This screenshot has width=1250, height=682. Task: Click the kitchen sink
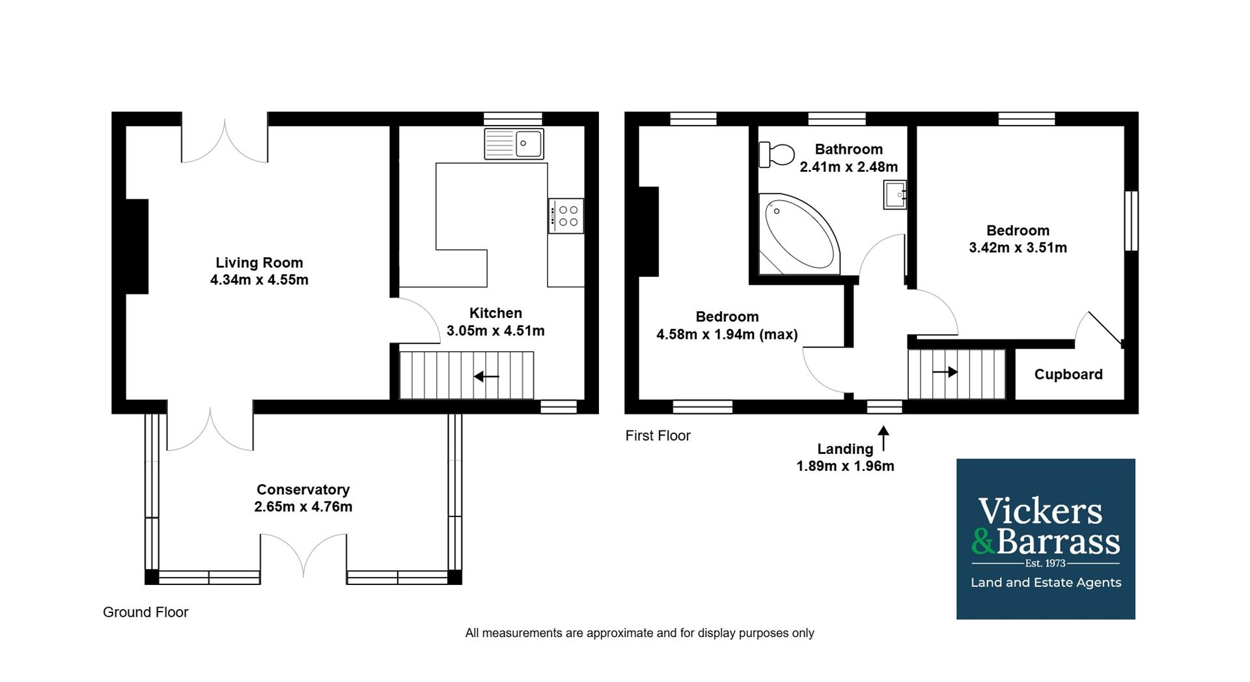tap(514, 144)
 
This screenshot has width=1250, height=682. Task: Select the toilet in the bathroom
tap(777, 155)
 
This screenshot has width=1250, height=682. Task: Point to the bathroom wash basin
tap(895, 194)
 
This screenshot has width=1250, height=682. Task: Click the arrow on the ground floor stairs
tap(486, 376)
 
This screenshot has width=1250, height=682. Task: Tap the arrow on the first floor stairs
tap(945, 372)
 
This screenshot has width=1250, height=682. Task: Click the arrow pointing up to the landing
tap(883, 438)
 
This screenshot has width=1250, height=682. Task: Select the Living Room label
tap(259, 263)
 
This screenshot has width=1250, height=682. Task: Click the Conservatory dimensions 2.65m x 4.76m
tap(303, 507)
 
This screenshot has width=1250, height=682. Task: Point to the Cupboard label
tap(1068, 375)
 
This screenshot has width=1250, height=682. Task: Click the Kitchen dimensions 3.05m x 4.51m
tap(495, 331)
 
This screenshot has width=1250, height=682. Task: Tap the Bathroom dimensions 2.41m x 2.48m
tap(848, 167)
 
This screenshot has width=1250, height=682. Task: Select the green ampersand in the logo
tap(983, 541)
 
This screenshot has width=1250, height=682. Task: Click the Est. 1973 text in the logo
tap(1045, 563)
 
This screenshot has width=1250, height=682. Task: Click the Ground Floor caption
tap(145, 612)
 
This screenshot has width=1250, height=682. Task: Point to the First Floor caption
tap(658, 436)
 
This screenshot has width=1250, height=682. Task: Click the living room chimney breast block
tap(137, 246)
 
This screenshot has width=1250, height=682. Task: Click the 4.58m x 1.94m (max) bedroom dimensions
tap(727, 335)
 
